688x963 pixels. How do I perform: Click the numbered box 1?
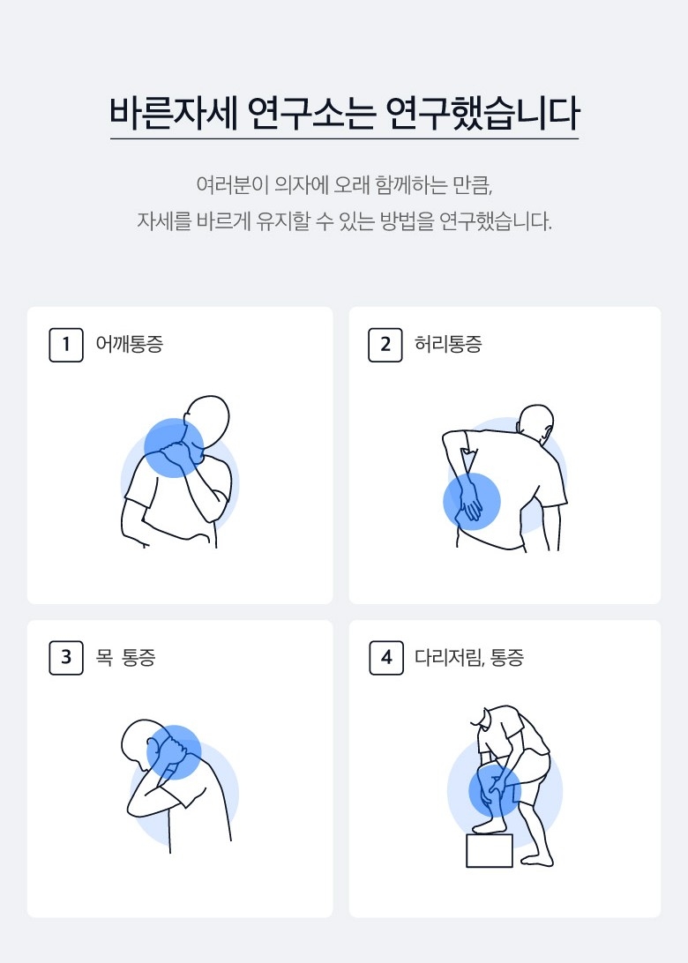pyautogui.click(x=66, y=345)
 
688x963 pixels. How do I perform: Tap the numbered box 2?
pyautogui.click(x=385, y=345)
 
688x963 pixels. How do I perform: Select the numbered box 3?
pyautogui.click(x=66, y=658)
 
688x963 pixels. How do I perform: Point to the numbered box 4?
pyautogui.click(x=386, y=658)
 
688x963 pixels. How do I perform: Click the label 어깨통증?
pyautogui.click(x=129, y=344)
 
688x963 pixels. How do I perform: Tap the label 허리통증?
pyautogui.click(x=448, y=344)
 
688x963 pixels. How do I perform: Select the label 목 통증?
pyautogui.click(x=125, y=658)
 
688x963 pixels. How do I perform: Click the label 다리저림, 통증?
pyautogui.click(x=469, y=658)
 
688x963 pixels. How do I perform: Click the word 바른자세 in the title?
pyautogui.click(x=174, y=113)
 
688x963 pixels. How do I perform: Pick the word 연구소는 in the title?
pyautogui.click(x=311, y=113)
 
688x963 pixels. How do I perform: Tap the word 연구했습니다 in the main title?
pyautogui.click(x=482, y=113)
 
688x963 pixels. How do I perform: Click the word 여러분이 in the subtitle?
pyautogui.click(x=232, y=185)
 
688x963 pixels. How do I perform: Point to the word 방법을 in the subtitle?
pyautogui.click(x=407, y=221)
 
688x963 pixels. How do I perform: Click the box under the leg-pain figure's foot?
pyautogui.click(x=490, y=851)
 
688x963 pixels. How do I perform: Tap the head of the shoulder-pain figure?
pyautogui.click(x=208, y=421)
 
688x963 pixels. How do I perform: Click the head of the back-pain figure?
pyautogui.click(x=536, y=424)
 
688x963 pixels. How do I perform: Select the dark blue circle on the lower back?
pyautogui.click(x=472, y=501)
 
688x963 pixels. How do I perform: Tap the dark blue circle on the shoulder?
pyautogui.click(x=174, y=448)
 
